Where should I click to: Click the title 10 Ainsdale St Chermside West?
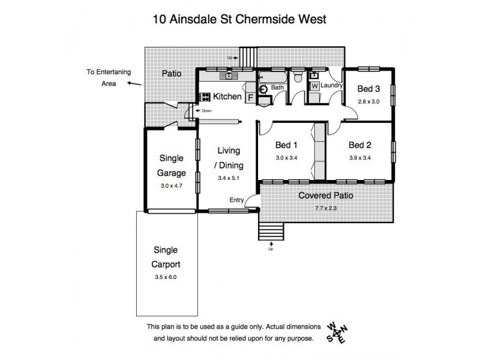(239, 19)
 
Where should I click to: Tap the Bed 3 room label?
(368, 89)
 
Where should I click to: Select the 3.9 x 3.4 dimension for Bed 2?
(360, 158)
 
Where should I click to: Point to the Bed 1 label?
(286, 145)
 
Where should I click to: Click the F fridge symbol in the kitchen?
(251, 98)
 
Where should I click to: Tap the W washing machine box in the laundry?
(314, 86)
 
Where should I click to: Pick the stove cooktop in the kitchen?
(205, 97)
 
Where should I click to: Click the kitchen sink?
(229, 76)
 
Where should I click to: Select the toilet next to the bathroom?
(297, 77)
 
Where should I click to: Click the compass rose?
(337, 333)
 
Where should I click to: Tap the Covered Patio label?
(326, 196)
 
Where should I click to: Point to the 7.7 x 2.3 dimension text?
(326, 208)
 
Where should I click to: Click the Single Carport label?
(166, 257)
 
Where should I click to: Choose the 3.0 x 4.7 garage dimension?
(172, 185)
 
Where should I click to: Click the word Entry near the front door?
(236, 200)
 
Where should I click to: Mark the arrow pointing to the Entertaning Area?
(134, 83)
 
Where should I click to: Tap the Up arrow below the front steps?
(271, 244)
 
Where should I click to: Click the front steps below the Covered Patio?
(272, 232)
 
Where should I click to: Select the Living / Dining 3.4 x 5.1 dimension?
(229, 178)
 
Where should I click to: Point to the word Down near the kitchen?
(206, 111)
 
